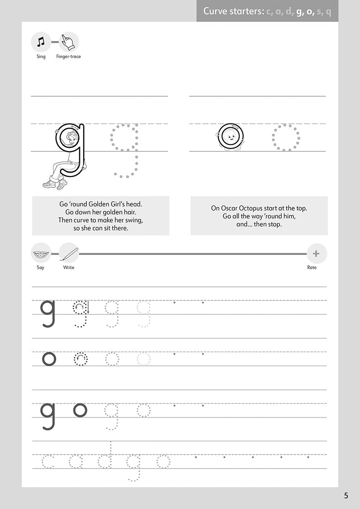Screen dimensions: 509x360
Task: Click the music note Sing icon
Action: (x=41, y=42)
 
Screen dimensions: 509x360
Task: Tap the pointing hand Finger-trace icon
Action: (x=68, y=42)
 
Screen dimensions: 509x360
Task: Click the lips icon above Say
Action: (x=41, y=254)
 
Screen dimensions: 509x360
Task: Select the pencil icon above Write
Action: (x=69, y=253)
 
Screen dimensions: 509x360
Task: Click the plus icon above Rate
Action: (x=316, y=254)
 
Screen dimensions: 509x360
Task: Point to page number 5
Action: (x=346, y=496)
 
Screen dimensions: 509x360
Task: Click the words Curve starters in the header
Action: (x=233, y=11)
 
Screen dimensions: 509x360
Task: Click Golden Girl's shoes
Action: (x=55, y=183)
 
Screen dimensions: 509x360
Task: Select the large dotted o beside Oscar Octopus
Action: (x=286, y=138)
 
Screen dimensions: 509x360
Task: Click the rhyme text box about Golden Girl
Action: (x=100, y=216)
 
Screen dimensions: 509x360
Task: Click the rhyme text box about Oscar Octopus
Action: (x=259, y=216)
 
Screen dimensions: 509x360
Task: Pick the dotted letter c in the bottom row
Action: (x=48, y=461)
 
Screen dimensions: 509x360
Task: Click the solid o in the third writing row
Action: (x=80, y=410)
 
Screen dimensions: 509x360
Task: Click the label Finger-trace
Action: (x=68, y=57)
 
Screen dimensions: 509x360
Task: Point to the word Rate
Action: (x=312, y=268)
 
